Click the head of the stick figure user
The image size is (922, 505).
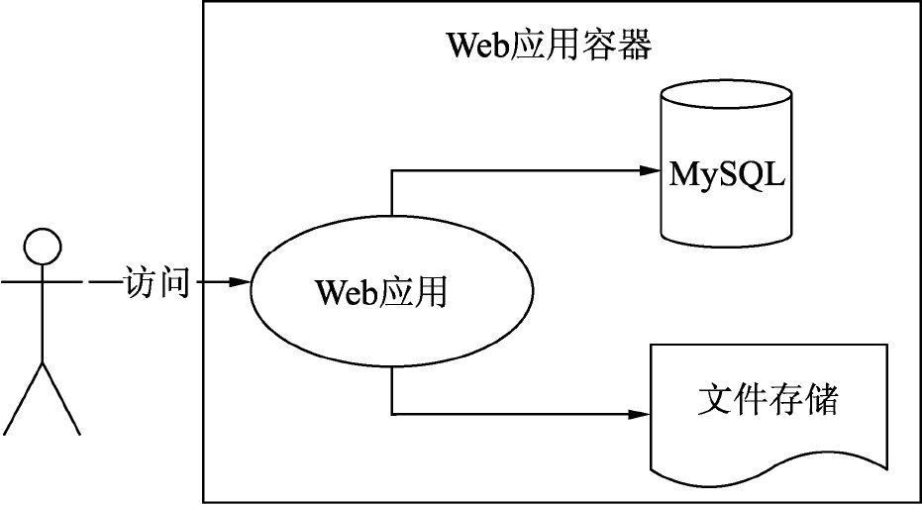pos(43,245)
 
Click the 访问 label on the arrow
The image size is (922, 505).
pos(155,282)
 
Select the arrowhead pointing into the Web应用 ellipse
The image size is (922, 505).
pos(240,282)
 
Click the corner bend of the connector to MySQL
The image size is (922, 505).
pos(392,171)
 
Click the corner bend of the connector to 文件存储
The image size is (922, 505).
pos(392,413)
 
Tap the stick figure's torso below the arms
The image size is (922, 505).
pos(43,327)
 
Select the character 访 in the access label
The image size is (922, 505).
pos(139,282)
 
